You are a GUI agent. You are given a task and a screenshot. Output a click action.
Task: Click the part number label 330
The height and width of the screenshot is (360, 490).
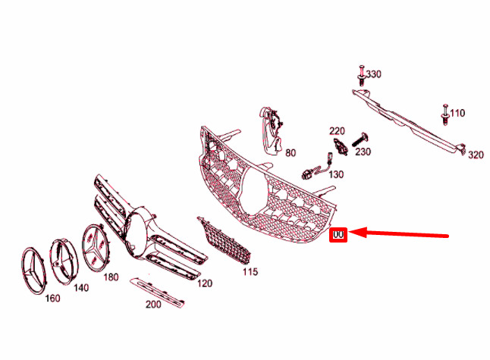point(373,74)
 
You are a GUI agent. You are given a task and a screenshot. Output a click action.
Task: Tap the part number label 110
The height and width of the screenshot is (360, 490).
point(457,113)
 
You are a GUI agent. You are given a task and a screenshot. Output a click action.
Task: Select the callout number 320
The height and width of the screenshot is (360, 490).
point(476,155)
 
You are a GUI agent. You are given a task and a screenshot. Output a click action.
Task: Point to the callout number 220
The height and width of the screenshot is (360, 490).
point(337,131)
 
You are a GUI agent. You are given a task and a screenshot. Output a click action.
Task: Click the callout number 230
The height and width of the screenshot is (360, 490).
point(363,152)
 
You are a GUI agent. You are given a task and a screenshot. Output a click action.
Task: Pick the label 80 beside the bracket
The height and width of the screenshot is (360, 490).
point(291,152)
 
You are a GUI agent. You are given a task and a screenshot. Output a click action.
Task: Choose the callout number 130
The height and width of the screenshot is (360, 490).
point(336,174)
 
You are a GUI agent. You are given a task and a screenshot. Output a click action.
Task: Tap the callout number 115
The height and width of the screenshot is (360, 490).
point(250,271)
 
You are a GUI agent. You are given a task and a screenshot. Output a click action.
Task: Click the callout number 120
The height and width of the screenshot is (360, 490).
point(205,283)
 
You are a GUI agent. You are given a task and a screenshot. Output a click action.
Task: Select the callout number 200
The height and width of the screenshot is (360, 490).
point(153,304)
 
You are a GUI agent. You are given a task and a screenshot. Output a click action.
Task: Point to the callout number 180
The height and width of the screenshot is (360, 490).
point(111,277)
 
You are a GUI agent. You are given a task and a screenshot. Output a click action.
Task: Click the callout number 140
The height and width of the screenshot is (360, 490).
point(81,287)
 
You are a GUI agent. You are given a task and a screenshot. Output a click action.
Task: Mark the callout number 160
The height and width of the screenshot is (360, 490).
point(52,298)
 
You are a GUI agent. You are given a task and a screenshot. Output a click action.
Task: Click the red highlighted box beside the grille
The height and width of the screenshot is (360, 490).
point(338,234)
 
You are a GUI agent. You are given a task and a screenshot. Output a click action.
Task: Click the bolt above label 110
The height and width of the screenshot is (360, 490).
point(445,114)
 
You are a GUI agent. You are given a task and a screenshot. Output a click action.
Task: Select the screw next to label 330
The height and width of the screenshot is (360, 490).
point(362,76)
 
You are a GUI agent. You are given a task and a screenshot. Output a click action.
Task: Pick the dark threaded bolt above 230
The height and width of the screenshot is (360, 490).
point(361,139)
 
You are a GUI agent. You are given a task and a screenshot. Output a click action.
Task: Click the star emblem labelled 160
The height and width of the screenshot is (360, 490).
point(33,271)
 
